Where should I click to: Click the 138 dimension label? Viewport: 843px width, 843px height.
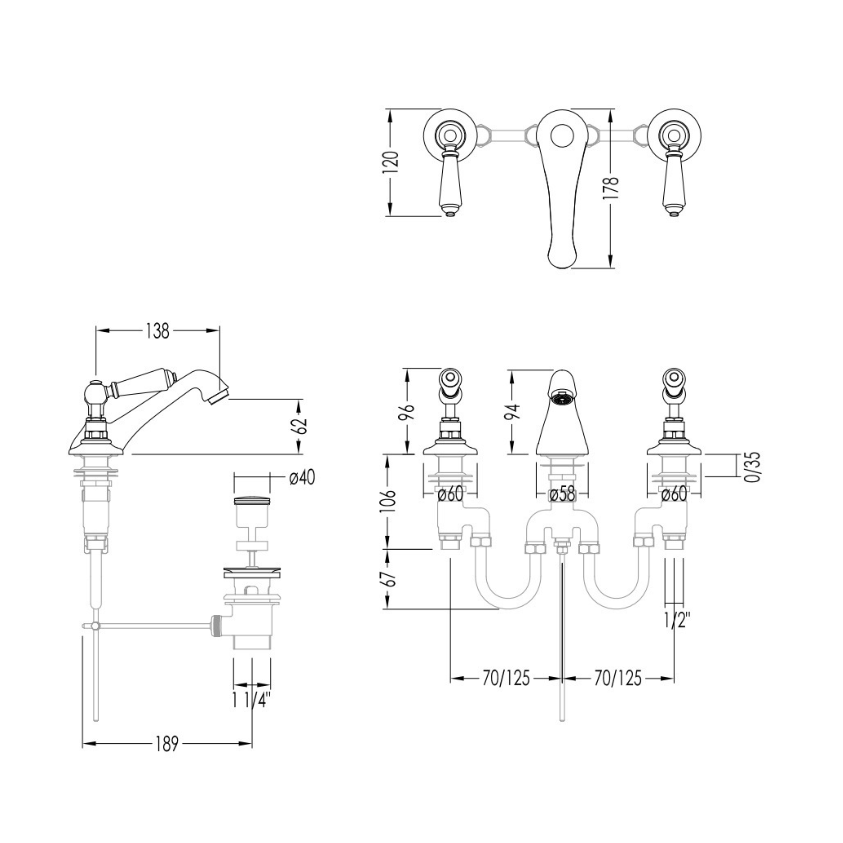click(x=158, y=331)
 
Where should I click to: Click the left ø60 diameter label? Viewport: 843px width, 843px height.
click(x=450, y=495)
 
